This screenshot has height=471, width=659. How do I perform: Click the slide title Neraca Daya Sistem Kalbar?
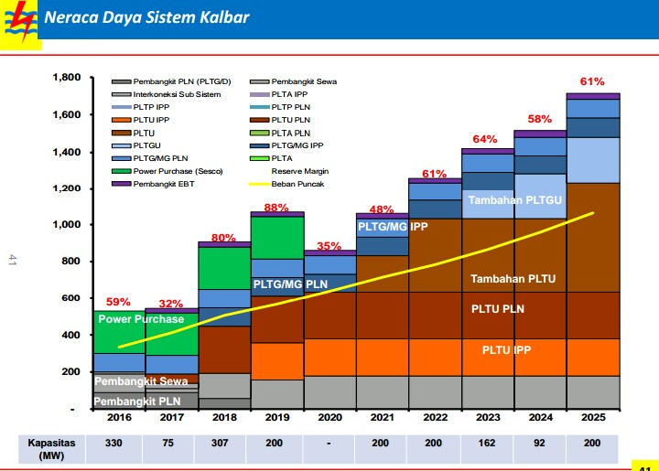click(x=146, y=17)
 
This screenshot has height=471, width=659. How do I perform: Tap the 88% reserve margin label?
click(x=276, y=207)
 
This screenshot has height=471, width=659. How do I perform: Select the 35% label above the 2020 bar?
click(x=329, y=246)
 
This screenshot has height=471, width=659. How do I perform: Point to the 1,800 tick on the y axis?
click(x=67, y=78)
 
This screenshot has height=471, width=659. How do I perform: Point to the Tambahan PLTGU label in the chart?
click(x=513, y=200)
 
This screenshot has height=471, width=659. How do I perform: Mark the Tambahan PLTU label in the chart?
click(x=513, y=279)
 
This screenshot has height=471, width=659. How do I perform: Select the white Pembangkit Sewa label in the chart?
click(x=141, y=380)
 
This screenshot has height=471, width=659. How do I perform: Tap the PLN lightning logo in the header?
click(x=18, y=17)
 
